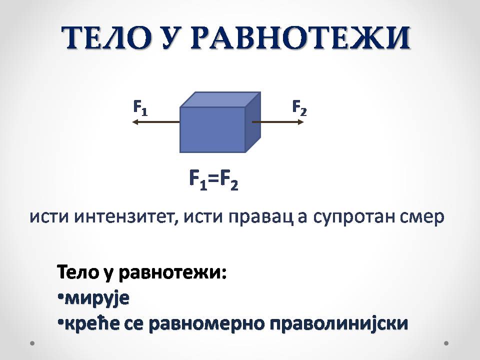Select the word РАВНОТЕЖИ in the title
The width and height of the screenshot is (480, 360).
300,37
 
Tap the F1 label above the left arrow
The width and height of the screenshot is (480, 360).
140,108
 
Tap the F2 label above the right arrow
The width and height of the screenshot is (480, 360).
299,108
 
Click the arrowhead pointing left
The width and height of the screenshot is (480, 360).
135,122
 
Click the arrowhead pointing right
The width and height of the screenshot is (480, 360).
300,122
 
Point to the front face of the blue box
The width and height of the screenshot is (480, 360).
212,129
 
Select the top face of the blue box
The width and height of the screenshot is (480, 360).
220,99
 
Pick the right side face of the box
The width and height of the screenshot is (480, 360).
253,122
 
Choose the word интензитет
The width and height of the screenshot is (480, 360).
126,217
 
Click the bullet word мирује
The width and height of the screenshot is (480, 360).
97,298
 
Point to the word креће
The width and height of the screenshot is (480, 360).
92,323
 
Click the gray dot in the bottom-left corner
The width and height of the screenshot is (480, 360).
32,343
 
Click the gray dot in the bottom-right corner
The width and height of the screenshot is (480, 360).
446,343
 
